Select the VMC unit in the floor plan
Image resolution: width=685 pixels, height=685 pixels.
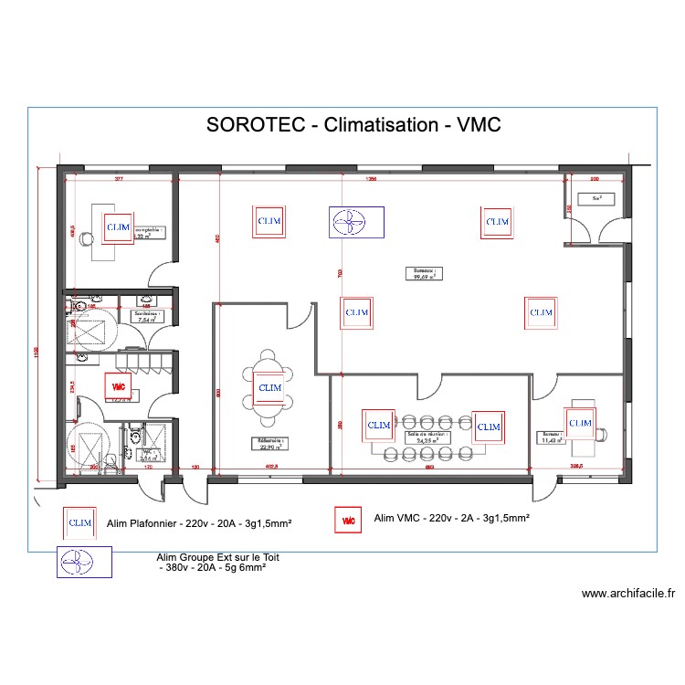[119, 386]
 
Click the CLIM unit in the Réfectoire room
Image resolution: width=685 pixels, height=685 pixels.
[269, 387]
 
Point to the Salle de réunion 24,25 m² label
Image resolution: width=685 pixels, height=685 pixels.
[422, 437]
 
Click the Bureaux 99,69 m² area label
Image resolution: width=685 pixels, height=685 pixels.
[425, 272]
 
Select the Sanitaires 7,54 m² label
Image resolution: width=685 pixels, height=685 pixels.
[148, 317]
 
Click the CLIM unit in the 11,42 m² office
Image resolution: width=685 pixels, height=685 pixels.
[579, 423]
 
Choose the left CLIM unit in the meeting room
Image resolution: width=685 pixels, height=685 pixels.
[378, 425]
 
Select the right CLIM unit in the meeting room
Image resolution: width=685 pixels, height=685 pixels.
[488, 427]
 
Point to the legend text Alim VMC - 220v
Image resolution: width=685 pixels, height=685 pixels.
[452, 518]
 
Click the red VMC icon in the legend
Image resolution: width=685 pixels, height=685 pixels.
[348, 521]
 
